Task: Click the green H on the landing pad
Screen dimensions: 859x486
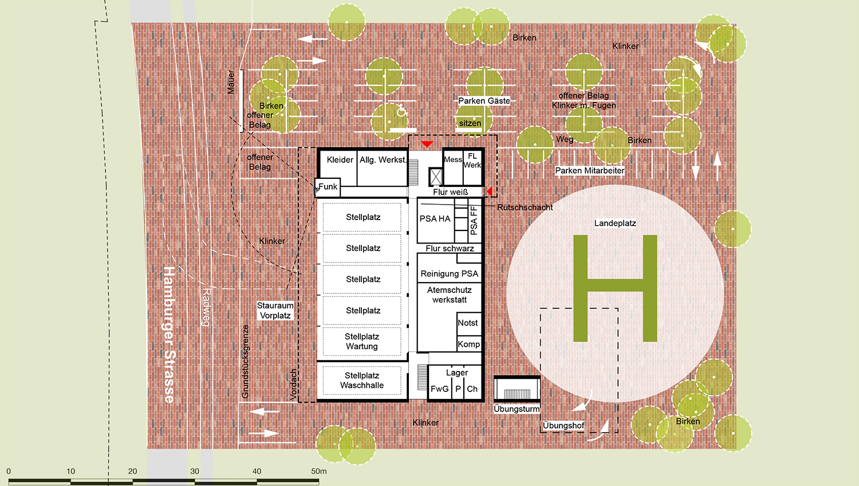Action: [x=615, y=288]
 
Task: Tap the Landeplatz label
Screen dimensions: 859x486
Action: [x=615, y=224]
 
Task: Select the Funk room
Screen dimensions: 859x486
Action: [x=328, y=187]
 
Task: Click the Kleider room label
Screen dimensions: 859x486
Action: [x=340, y=160]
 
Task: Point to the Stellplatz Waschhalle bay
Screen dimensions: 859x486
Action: [x=362, y=381]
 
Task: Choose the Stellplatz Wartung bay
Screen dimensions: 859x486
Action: [x=362, y=341]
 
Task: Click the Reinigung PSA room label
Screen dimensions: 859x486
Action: [x=450, y=274]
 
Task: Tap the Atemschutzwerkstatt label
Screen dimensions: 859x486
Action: [x=450, y=295]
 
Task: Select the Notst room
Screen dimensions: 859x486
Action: [x=468, y=323]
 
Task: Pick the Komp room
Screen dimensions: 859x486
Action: [x=468, y=344]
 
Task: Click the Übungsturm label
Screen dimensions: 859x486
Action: [x=517, y=409]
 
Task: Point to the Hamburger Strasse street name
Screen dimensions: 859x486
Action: [x=169, y=335]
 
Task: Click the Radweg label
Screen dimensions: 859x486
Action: [x=206, y=307]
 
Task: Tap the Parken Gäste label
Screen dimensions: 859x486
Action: [x=484, y=101]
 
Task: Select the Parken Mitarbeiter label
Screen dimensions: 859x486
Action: [x=590, y=170]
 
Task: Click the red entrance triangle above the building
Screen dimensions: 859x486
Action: [x=427, y=144]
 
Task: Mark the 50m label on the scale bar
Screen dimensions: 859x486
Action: [x=318, y=471]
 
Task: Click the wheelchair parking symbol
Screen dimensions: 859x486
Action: [x=401, y=111]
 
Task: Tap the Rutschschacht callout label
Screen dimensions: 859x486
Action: [x=525, y=207]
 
